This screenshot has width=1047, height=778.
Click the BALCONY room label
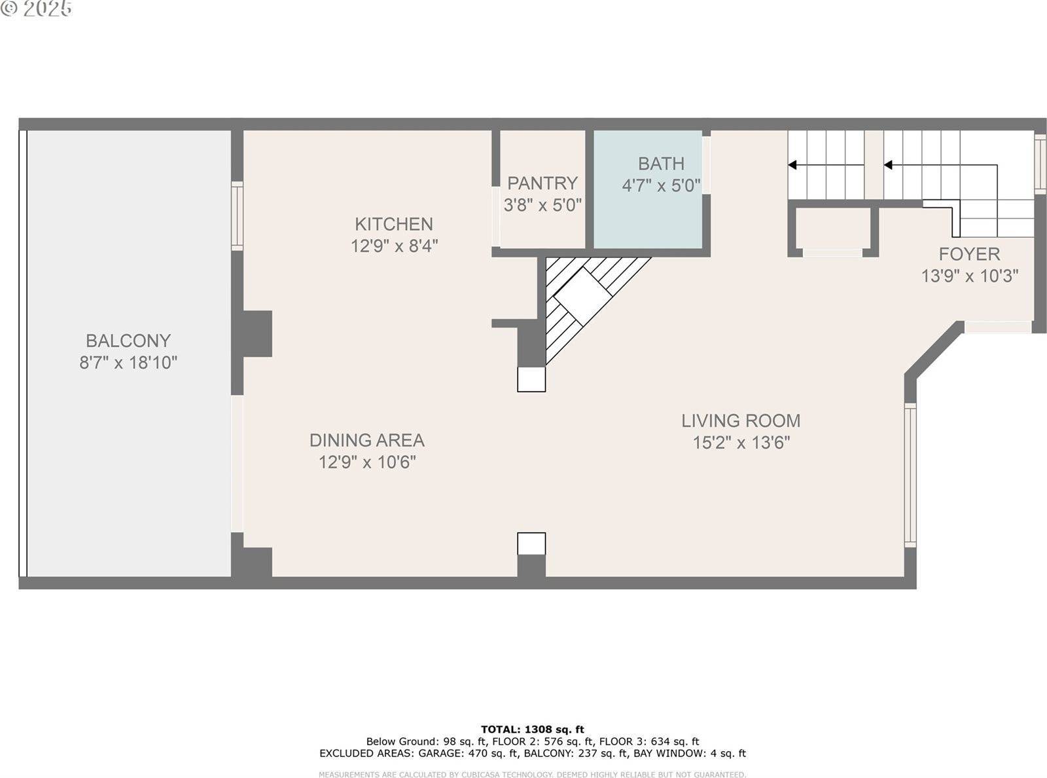(x=128, y=341)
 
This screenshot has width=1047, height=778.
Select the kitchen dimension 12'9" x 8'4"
(x=394, y=246)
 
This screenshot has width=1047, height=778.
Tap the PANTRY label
(x=542, y=183)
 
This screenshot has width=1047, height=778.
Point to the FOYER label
(x=969, y=254)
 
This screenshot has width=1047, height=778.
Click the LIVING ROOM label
(x=741, y=420)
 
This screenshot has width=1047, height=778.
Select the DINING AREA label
(x=366, y=440)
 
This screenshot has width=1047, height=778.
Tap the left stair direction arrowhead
(x=792, y=165)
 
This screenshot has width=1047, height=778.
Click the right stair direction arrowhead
(x=888, y=165)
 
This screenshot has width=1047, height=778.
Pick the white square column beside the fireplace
(x=531, y=379)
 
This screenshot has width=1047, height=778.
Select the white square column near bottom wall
(x=531, y=544)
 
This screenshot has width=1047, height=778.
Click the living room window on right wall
(x=910, y=475)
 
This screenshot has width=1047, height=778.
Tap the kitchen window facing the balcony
(x=237, y=216)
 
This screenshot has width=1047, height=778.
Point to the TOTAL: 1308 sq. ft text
(x=532, y=729)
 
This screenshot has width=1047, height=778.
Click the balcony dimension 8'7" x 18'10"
(x=128, y=363)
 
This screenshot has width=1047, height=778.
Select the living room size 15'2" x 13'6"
(x=741, y=443)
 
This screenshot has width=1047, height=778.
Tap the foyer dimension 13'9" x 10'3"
(x=970, y=276)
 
